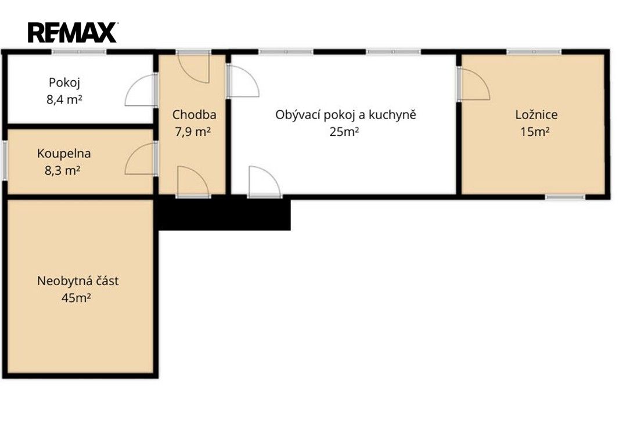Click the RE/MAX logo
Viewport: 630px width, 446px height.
[73, 33]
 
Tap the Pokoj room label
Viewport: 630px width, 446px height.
[64, 83]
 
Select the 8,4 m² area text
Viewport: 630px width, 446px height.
[64, 100]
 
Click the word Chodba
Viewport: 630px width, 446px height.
[194, 115]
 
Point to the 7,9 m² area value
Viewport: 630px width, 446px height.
[193, 132]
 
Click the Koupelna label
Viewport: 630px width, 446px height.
[64, 153]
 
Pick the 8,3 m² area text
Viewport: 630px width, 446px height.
[62, 171]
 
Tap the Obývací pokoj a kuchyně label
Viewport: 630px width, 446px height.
[345, 115]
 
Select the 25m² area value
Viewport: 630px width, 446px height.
[344, 132]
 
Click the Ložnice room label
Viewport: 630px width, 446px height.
[537, 115]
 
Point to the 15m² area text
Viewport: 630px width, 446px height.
[535, 132]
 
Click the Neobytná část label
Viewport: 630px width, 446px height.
[78, 281]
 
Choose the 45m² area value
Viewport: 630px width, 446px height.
[76, 298]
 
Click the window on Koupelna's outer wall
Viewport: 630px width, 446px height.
[4, 160]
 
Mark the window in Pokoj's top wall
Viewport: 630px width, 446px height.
[79, 52]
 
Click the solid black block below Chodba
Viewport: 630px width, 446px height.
[224, 214]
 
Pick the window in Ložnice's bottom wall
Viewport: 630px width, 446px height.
[565, 197]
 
